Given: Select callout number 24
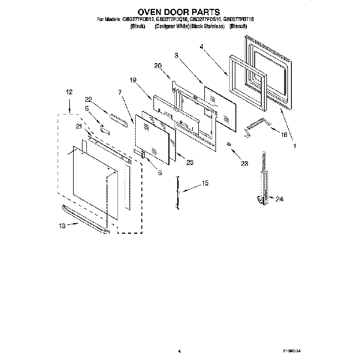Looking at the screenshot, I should [279, 199].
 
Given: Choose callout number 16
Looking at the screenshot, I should [285, 135].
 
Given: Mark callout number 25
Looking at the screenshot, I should [190, 162].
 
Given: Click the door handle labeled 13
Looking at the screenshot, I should [86, 218].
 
